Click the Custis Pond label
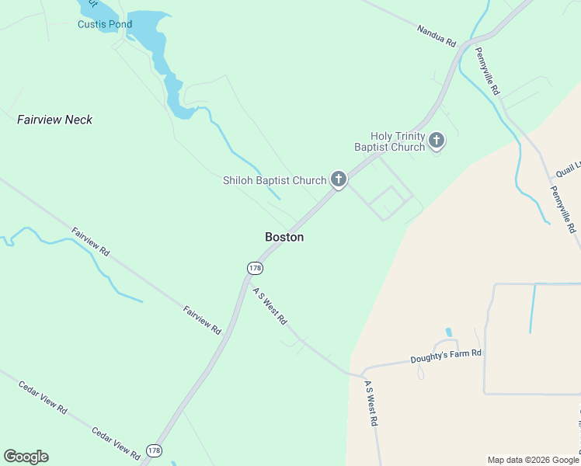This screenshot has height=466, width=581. click(105, 24)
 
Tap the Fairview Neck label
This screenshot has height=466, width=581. click(54, 120)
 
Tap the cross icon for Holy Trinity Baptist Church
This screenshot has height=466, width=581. click(437, 141)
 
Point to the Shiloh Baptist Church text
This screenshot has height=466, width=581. click(275, 180)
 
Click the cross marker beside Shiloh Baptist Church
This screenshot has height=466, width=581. click(338, 179)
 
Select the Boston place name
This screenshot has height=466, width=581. click(284, 237)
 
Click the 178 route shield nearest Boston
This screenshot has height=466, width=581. click(255, 268)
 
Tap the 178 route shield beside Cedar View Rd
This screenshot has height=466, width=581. click(154, 450)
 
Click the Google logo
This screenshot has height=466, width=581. click(26, 457)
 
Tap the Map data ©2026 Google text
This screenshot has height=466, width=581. click(533, 460)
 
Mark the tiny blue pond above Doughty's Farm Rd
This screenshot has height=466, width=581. click(449, 332)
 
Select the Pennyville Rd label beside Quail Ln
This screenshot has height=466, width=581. click(562, 209)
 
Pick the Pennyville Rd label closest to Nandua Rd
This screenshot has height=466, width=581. click(488, 71)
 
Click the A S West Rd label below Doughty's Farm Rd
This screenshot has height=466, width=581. click(371, 403)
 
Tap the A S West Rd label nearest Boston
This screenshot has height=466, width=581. click(270, 305)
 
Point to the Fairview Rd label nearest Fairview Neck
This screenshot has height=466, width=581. click(91, 242)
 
